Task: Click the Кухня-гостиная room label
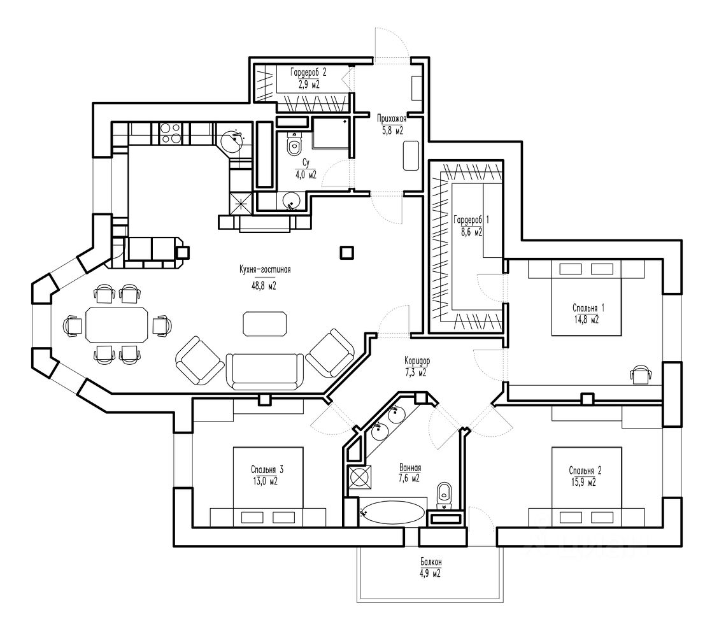[265, 269]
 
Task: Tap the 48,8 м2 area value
[264, 286]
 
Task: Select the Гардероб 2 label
[308, 72]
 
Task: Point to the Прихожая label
[392, 118]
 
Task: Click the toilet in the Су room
[294, 144]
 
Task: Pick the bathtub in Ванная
[392, 513]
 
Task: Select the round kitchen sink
[232, 140]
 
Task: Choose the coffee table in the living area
[265, 323]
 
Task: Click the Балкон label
[431, 562]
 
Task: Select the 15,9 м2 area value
[585, 483]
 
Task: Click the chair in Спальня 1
[641, 374]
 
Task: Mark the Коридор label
[416, 360]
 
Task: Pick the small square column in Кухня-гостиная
[347, 252]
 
